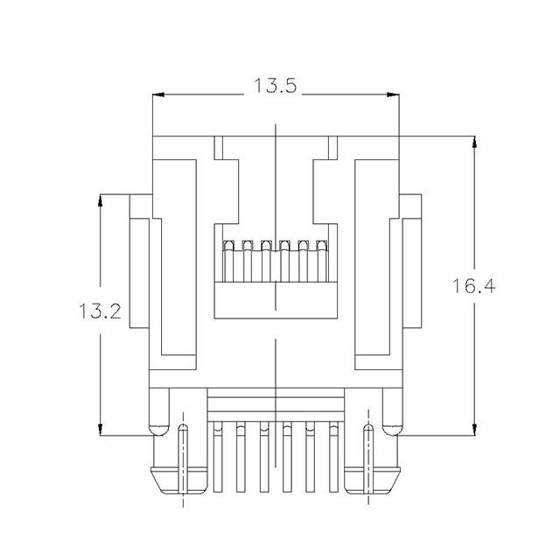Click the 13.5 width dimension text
(x=276, y=86)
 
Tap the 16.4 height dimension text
(x=474, y=286)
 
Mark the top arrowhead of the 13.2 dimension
(x=101, y=200)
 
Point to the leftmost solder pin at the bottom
(x=217, y=459)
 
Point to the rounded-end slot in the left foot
(x=182, y=459)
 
